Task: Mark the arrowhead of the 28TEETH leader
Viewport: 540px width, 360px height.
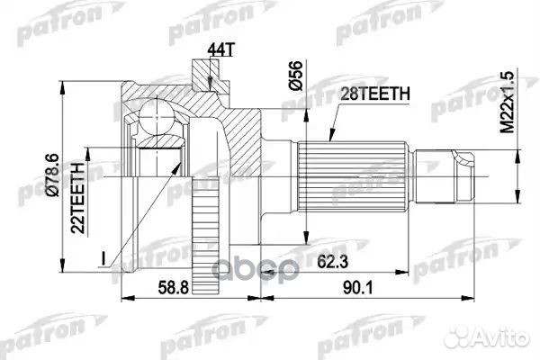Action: (x=326, y=136)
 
